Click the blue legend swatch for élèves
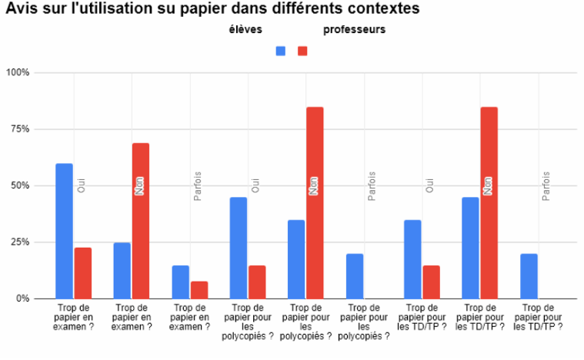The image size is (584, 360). coord(281,51)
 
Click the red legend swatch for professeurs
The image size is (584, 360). coord(302,51)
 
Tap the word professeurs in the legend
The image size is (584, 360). coord(354,30)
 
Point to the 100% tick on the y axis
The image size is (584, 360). coord(18,73)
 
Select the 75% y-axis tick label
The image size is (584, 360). coord(20,129)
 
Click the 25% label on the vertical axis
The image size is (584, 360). coord(20,242)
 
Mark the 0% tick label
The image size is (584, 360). coord(22,298)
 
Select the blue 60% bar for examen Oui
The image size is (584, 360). coord(64,231)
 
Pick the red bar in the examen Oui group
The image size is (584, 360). coord(82,272)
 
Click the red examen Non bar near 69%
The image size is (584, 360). coord(140,221)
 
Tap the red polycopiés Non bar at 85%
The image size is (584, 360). coord(315,202)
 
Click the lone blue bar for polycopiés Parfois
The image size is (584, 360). coord(355,276)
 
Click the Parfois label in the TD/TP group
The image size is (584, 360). coord(546,185)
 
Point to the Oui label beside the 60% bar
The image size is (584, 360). coord(82,185)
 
